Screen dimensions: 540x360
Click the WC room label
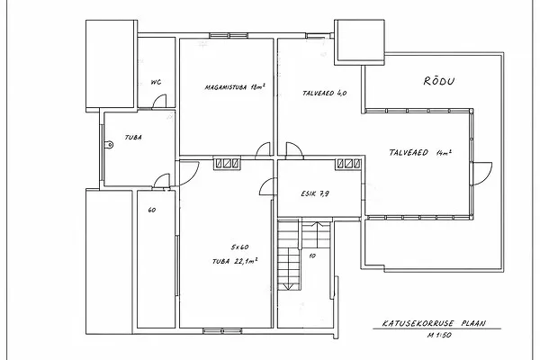(156, 82)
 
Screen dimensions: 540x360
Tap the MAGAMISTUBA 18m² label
(235, 86)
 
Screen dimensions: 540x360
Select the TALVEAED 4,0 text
(324, 93)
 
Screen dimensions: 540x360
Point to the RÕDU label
(439, 81)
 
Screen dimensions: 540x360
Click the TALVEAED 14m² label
(420, 153)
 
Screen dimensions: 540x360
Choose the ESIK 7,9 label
(315, 193)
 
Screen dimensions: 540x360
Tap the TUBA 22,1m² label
(235, 261)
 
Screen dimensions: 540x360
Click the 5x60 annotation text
(239, 247)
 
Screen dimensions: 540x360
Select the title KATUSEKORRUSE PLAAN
(434, 323)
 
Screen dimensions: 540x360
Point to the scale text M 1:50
(439, 335)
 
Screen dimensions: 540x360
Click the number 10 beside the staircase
(312, 256)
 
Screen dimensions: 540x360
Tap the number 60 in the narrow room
(151, 210)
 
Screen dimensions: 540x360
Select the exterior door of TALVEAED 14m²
(482, 174)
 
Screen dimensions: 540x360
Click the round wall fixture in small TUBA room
(109, 145)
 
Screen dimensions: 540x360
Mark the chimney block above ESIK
(349, 164)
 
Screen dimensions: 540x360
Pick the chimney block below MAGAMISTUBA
(227, 164)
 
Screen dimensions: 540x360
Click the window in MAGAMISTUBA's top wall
(229, 35)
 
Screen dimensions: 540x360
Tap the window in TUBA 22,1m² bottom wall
(222, 331)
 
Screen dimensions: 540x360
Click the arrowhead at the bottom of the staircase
(287, 286)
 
